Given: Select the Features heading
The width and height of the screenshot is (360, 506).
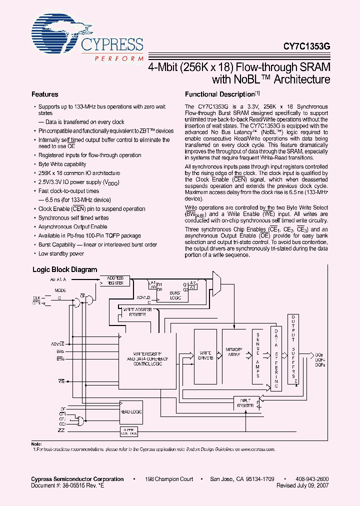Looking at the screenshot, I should pos(45,94).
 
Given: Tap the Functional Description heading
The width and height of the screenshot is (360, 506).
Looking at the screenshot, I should pos(220,94).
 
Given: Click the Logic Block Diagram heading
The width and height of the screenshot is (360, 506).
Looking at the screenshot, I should pos(65,269).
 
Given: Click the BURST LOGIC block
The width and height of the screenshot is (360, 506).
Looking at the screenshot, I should pos(174,294).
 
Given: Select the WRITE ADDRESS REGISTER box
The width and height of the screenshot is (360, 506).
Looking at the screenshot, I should pos(134,312).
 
